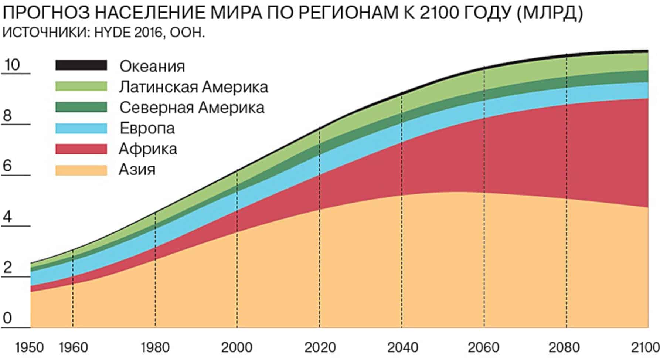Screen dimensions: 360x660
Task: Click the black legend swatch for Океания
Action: (x=81, y=65)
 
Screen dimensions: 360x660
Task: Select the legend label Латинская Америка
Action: (x=193, y=87)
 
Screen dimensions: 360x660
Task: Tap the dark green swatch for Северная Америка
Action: (x=81, y=107)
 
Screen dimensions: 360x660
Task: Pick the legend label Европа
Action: (x=147, y=128)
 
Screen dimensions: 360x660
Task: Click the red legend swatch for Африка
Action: (x=81, y=149)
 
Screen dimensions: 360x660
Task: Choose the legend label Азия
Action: (x=137, y=170)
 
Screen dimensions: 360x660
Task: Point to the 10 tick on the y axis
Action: (x=12, y=65)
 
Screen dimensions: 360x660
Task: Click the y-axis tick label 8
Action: (x=8, y=116)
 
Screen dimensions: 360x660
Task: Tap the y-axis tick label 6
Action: (x=8, y=166)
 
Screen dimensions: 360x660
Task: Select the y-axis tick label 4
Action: (x=8, y=217)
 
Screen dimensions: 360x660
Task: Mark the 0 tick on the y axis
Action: (x=8, y=318)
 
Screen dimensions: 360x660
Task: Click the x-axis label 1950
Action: (x=29, y=348)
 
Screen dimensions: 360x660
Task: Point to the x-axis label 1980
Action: (x=155, y=348)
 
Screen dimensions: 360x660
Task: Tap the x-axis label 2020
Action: (x=320, y=348)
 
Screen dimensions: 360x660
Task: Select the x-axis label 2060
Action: (x=483, y=348)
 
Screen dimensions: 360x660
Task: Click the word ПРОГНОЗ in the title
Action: (x=46, y=14)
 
